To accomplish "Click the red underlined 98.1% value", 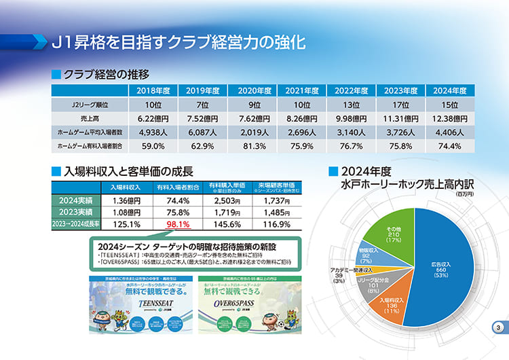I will point(178,224).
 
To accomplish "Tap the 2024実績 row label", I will point(76,200).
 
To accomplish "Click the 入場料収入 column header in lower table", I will point(126,187).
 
